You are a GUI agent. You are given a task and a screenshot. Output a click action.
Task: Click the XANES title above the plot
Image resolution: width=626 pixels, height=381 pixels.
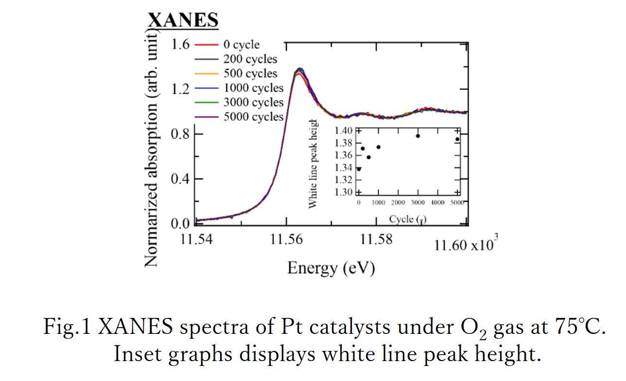tap(183, 21)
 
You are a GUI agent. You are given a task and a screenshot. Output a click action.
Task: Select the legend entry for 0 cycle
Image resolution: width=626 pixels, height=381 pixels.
tap(241, 45)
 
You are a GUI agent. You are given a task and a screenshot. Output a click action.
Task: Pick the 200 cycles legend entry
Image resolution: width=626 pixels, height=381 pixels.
tap(250, 59)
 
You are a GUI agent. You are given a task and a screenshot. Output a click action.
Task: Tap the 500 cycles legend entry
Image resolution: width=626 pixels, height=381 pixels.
tap(250, 74)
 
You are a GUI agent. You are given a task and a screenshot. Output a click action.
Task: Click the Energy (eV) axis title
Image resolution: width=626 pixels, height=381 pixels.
tap(331, 267)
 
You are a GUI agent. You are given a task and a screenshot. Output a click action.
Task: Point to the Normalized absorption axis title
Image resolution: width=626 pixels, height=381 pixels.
tap(152, 148)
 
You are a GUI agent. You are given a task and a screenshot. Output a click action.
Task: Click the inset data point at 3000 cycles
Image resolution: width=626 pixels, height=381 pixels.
tap(417, 136)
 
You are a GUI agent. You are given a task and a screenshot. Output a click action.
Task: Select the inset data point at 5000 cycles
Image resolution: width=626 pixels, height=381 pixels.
tap(457, 139)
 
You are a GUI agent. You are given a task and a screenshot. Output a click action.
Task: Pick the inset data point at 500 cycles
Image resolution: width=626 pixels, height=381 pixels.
tap(368, 157)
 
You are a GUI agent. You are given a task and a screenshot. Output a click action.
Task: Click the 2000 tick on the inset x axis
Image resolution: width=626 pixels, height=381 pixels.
tap(398, 202)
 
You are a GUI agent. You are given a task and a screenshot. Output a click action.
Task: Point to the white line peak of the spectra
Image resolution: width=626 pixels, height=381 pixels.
tap(299, 70)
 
